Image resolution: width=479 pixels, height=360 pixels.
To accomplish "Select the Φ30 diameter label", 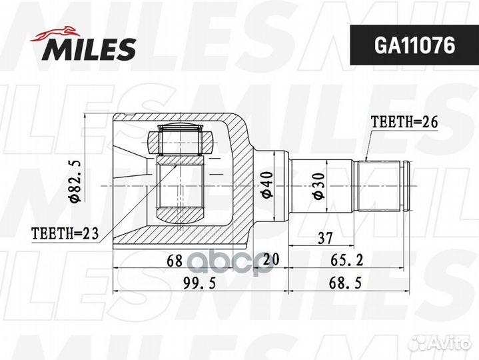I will pyautogui.click(x=318, y=184).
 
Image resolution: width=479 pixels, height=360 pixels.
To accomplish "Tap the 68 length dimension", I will pyautogui.click(x=175, y=261).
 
